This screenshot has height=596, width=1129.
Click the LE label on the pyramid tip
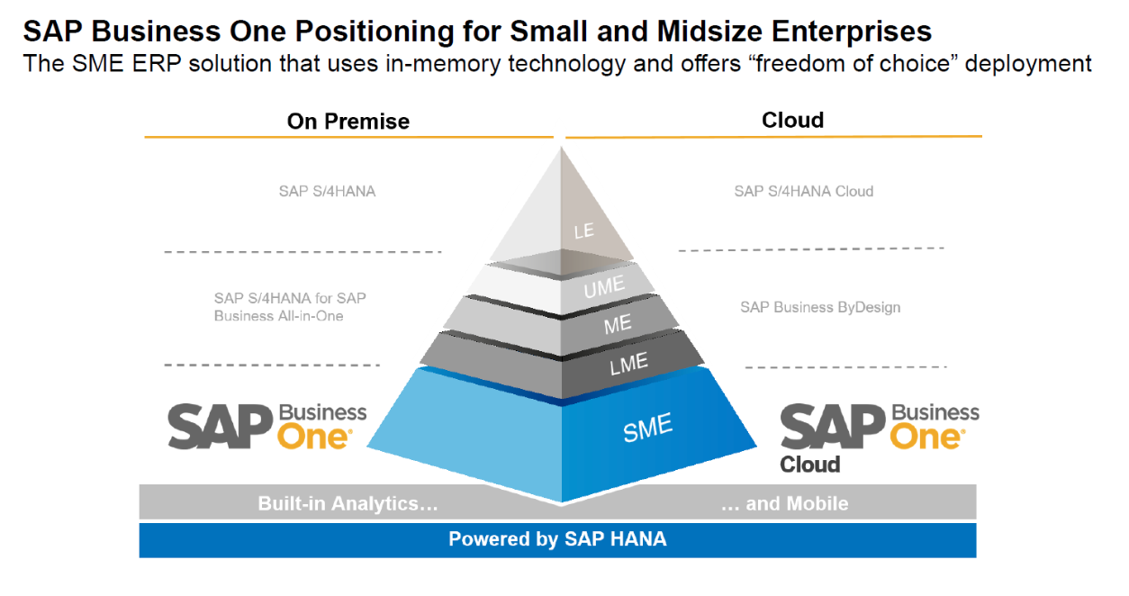click(x=584, y=230)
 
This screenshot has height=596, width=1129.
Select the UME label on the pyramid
click(x=604, y=290)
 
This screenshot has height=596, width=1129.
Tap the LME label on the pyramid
click(x=628, y=364)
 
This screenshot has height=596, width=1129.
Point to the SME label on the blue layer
click(x=648, y=429)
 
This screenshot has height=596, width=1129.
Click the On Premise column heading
click(x=348, y=122)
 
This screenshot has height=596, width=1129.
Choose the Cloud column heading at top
click(x=792, y=120)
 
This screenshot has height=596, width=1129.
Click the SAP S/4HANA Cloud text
click(x=804, y=191)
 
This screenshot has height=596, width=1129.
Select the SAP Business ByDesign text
click(x=820, y=307)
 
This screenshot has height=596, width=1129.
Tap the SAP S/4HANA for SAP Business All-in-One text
click(x=290, y=306)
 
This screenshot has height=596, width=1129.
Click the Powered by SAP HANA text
click(x=557, y=539)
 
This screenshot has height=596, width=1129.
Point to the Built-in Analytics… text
click(x=348, y=503)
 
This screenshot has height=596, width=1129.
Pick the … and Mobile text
click(x=785, y=503)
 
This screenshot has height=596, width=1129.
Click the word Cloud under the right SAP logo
click(x=809, y=465)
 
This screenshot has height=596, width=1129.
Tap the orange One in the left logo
click(x=313, y=438)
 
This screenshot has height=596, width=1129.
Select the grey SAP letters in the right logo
click(x=833, y=427)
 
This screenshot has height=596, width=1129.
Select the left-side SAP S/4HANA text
click(x=327, y=191)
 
